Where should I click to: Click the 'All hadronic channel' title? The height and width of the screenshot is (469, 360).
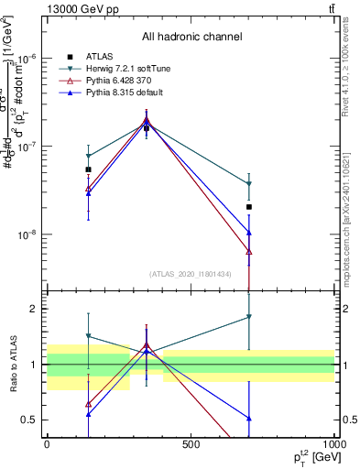pos(191,37)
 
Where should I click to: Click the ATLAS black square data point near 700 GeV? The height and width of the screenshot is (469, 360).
pos(249,207)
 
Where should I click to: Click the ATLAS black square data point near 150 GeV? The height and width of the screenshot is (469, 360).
pos(88,169)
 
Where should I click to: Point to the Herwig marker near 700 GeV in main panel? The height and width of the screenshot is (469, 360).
pos(249,184)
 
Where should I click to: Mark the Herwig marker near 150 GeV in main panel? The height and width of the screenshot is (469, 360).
pos(88,157)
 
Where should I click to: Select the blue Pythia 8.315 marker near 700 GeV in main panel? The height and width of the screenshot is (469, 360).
pos(249,233)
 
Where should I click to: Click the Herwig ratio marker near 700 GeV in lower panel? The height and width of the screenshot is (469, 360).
pos(249,317)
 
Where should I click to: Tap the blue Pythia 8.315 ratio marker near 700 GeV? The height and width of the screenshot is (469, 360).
pos(249,419)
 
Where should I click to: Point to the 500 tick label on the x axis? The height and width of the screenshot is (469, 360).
pos(191,444)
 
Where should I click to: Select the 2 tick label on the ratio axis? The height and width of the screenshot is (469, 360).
pos(35,309)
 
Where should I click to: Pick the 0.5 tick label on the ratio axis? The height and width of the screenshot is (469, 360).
pos(31,420)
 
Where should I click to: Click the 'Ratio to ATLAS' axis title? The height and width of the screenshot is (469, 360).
pos(12,364)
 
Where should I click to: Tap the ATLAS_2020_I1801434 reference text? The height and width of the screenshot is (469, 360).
pos(191,274)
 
